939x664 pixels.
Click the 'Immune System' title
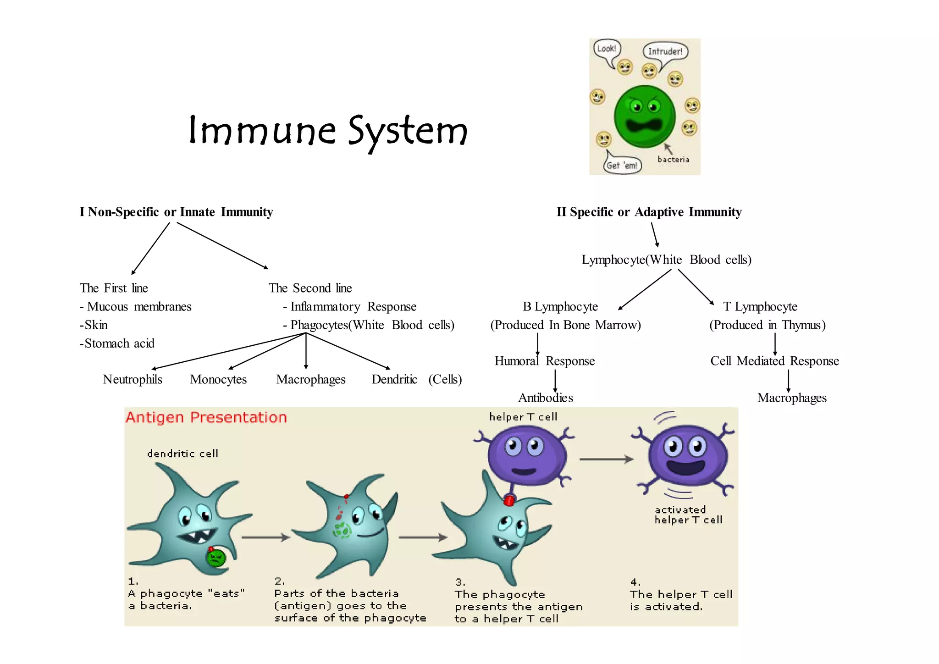click(x=328, y=131)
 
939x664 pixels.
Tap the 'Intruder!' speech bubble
click(x=665, y=51)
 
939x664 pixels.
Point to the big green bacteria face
click(x=644, y=116)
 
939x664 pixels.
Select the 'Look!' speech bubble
click(x=606, y=49)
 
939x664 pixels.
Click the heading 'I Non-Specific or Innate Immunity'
click(x=176, y=212)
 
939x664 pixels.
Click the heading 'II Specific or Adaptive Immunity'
click(x=649, y=212)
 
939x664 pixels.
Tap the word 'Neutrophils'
click(x=133, y=379)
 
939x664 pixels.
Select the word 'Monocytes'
click(x=218, y=379)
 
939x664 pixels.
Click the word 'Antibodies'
click(x=546, y=398)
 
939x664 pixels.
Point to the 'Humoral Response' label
click(x=544, y=361)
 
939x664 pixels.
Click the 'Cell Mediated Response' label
click(x=774, y=361)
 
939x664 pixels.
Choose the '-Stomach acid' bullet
click(x=117, y=343)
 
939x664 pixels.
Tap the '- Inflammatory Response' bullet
click(x=350, y=306)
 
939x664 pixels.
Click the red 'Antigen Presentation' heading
click(x=206, y=417)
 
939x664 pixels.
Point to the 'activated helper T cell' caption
click(x=688, y=515)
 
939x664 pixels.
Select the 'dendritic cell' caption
click(x=182, y=454)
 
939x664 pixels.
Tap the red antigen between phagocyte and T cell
click(x=508, y=500)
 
